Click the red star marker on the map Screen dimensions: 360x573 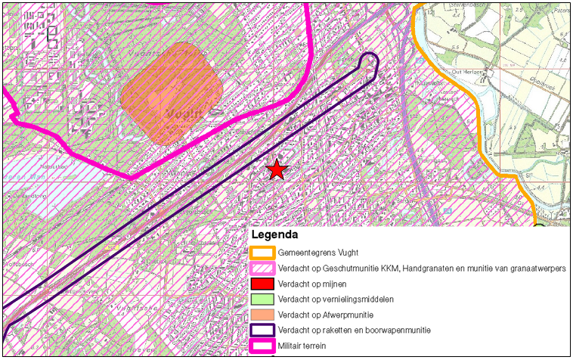pos(277,170)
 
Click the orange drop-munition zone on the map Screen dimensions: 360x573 pos(172,93)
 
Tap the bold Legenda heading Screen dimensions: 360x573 pos(275,236)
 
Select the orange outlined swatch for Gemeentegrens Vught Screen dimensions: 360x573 pos(262,253)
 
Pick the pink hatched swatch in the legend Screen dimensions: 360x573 pos(262,268)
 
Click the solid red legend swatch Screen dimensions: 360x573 pos(262,284)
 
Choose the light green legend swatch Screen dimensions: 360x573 pos(262,299)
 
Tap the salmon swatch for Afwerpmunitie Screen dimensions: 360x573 pos(262,315)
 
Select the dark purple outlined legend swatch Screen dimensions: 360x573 pos(262,330)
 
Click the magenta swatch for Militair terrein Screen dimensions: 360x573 pos(262,346)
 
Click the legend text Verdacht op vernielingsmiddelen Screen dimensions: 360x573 pos(332,299)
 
